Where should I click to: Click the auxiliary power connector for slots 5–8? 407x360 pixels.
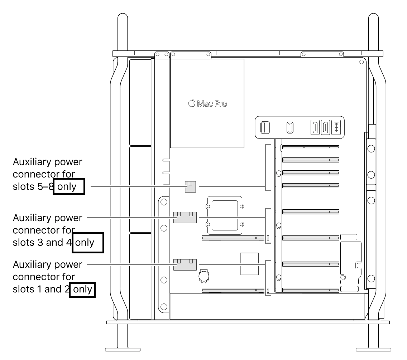[x=190, y=186]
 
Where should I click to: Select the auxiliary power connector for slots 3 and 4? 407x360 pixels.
[x=185, y=218]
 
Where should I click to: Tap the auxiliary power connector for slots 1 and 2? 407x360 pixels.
[x=185, y=264]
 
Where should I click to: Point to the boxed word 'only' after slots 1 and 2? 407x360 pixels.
[x=82, y=289]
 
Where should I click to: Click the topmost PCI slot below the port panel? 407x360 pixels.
[x=311, y=147]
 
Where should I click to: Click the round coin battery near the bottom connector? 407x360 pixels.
[x=204, y=276]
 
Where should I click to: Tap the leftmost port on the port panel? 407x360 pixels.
[x=265, y=127]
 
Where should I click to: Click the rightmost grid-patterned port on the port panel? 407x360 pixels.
[x=336, y=127]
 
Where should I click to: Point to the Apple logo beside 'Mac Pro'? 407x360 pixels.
[x=192, y=103]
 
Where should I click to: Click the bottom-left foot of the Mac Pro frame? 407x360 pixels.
[x=123, y=350]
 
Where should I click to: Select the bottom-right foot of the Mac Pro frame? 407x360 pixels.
[x=373, y=350]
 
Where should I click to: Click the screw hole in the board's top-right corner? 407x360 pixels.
[x=361, y=62]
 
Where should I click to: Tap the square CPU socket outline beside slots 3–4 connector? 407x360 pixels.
[x=225, y=215]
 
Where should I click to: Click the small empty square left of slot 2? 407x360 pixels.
[x=249, y=264]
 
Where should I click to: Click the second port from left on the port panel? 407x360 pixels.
[x=290, y=127]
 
